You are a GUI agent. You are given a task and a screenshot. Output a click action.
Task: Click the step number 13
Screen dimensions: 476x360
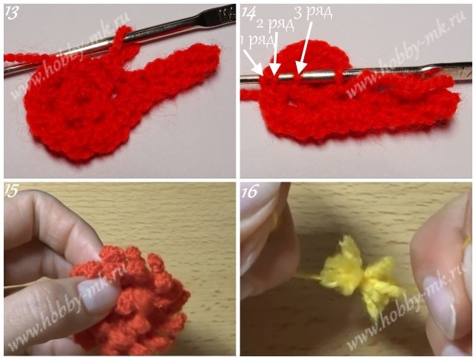pos(12,13)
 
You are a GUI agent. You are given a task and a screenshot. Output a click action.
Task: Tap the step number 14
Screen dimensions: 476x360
pos(248,13)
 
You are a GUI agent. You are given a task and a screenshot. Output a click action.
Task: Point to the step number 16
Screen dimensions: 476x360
pos(250,192)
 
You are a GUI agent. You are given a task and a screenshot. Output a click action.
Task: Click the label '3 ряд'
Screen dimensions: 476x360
pos(313,13)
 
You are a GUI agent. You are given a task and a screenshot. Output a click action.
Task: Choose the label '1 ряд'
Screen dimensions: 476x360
pos(258,40)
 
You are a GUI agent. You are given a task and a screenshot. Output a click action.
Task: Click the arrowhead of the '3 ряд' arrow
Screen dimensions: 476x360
pos(300,68)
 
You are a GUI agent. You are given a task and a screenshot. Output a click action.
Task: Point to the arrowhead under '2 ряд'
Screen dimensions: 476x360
pos(274,69)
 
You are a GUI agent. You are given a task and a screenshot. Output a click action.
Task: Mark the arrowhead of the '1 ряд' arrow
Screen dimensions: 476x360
pos(259,69)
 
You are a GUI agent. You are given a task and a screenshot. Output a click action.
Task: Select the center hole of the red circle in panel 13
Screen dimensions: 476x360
pos(81,97)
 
